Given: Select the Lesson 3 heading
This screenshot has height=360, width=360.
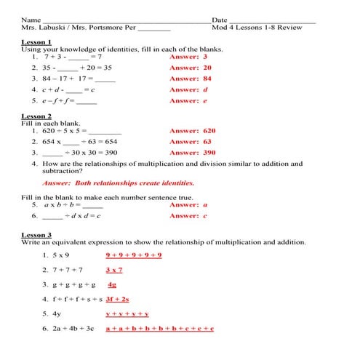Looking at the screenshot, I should click(36, 236).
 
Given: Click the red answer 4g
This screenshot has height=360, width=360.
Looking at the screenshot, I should click(113, 284).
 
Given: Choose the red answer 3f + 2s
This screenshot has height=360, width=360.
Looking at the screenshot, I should click(117, 299).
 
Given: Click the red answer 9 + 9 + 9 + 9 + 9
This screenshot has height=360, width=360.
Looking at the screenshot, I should click(133, 255).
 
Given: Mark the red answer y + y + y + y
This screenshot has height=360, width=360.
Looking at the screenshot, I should click(127, 314).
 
